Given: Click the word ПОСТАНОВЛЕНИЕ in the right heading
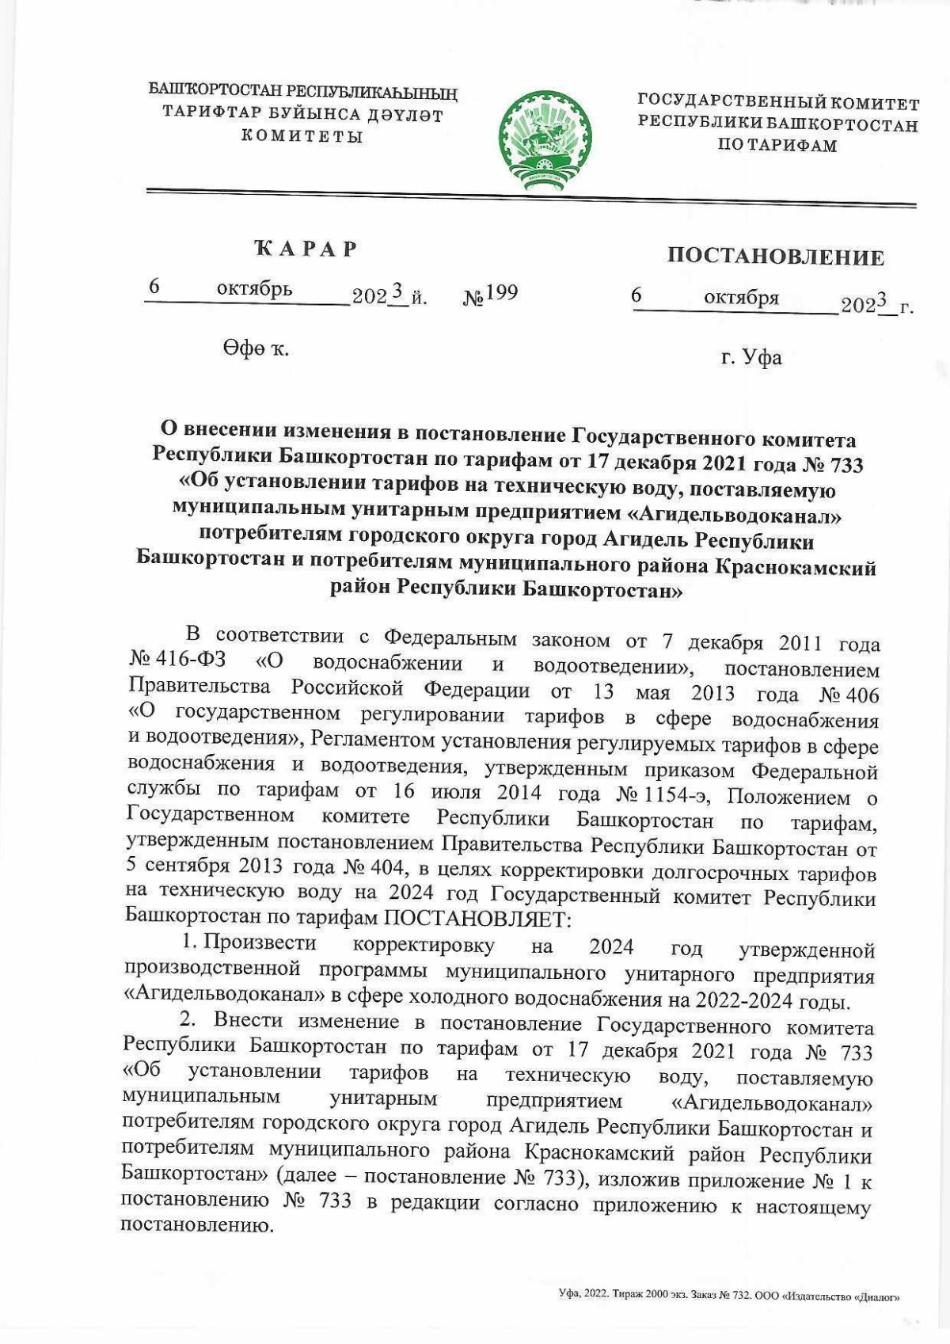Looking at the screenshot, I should [x=775, y=257].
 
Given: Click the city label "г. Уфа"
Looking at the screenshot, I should [x=750, y=358].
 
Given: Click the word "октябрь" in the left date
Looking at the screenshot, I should [x=254, y=289].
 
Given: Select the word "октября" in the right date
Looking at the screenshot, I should [x=741, y=298].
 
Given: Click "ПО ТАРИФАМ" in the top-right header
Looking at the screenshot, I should [x=777, y=146].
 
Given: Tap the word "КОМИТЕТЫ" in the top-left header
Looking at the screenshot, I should [x=302, y=136].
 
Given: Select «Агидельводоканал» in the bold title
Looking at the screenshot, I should [x=734, y=516].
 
